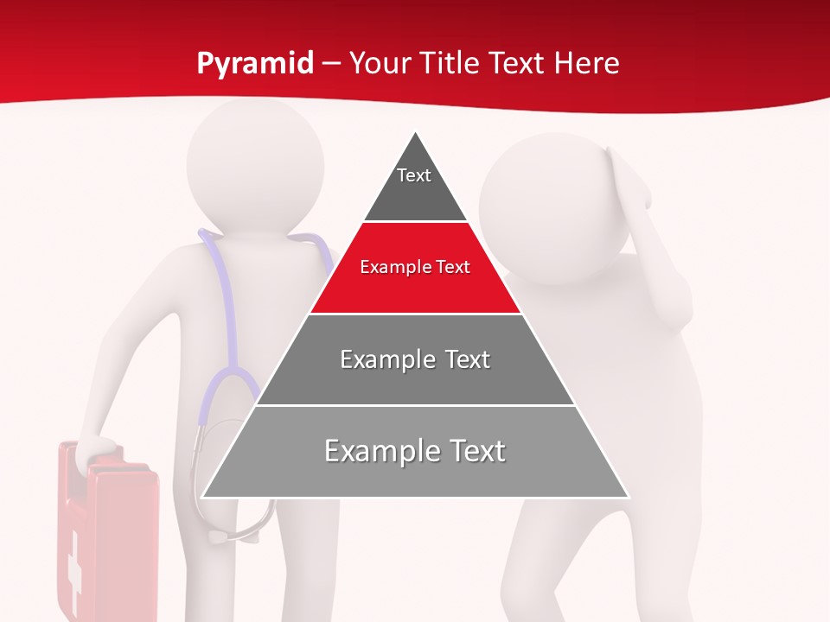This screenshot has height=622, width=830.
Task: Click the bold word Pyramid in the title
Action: (255, 64)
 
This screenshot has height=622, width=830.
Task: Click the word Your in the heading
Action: (379, 64)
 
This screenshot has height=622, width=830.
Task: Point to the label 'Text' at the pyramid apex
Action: (413, 175)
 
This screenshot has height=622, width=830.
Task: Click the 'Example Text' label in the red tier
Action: (415, 267)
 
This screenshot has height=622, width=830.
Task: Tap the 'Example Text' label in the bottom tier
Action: (415, 451)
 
